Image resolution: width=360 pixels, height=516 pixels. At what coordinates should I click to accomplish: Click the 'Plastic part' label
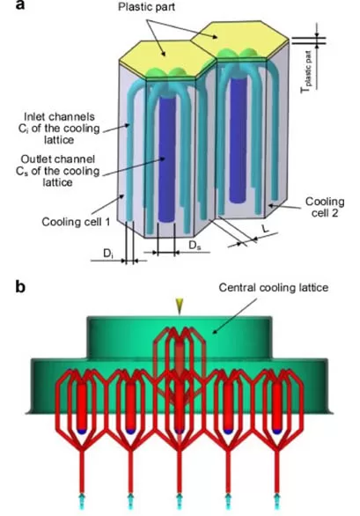click(146, 7)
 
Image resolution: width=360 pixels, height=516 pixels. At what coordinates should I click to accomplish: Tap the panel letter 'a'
click(20, 5)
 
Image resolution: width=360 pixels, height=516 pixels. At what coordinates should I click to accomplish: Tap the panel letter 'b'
click(20, 287)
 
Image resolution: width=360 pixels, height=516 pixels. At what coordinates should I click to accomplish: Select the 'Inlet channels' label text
click(59, 117)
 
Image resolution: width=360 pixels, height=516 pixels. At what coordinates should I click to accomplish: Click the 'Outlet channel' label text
click(58, 159)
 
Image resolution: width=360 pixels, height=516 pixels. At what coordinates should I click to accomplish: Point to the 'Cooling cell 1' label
click(76, 222)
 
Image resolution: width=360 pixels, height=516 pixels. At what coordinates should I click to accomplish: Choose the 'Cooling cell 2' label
click(325, 207)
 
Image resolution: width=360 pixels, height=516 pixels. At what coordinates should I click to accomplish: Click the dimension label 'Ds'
click(195, 245)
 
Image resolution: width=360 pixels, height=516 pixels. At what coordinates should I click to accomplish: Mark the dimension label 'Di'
click(108, 254)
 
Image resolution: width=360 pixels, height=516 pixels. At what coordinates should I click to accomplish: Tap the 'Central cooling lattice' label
click(274, 288)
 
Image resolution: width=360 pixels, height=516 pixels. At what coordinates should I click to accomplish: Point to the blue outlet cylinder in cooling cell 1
click(167, 158)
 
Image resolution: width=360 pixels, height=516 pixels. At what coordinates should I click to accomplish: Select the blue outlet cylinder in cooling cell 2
click(239, 141)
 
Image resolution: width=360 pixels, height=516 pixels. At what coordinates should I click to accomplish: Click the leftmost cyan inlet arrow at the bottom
click(81, 501)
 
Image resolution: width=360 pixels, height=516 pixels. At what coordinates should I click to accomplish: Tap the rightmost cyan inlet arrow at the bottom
click(276, 501)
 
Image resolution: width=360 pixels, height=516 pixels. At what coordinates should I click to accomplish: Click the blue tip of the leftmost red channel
click(81, 431)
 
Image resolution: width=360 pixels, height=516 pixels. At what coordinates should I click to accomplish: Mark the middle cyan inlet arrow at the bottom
click(179, 501)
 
